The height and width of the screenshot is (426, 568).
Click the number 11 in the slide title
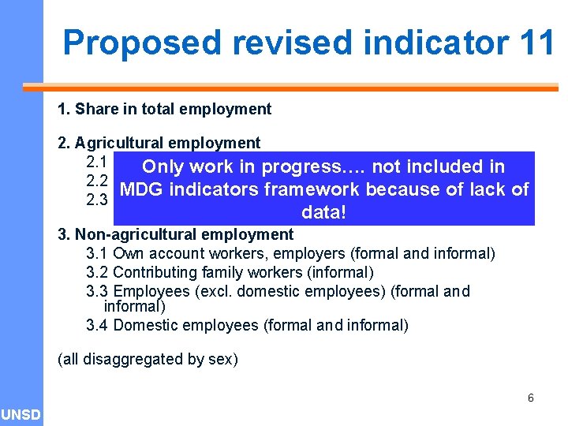538,42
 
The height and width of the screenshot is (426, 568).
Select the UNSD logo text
21,414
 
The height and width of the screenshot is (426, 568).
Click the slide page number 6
531,398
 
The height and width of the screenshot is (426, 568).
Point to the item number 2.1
95,162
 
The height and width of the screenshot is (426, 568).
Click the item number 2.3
95,200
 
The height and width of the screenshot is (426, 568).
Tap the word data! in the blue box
324,213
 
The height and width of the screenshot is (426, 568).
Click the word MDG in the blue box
140,189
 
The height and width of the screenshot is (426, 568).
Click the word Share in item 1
95,109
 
